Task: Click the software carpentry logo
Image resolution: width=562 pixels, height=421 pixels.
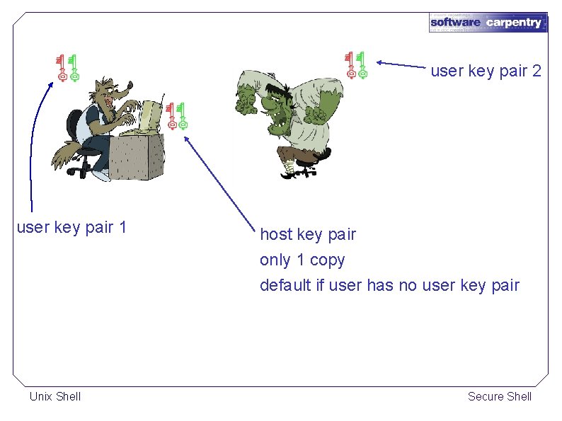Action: pyautogui.click(x=487, y=22)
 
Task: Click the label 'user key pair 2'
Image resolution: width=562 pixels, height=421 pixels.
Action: pyautogui.click(x=486, y=71)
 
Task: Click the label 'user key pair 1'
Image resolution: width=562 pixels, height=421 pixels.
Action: pyautogui.click(x=71, y=227)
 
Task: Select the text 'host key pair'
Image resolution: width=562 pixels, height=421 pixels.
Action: pyautogui.click(x=308, y=234)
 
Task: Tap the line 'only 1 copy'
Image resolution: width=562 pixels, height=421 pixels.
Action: pyautogui.click(x=302, y=260)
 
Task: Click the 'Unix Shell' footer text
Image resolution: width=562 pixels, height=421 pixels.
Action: pyautogui.click(x=55, y=396)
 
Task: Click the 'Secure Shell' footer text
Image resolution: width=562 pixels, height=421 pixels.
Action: pyautogui.click(x=499, y=396)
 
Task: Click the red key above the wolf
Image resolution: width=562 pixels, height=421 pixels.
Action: pyautogui.click(x=62, y=68)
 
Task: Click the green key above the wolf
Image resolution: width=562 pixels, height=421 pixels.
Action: pyautogui.click(x=74, y=68)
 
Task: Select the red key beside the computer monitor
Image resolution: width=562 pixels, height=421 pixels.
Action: pyautogui.click(x=171, y=115)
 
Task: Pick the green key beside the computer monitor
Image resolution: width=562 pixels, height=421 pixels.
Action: pyautogui.click(x=182, y=115)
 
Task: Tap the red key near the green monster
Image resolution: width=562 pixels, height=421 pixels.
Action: pyautogui.click(x=350, y=64)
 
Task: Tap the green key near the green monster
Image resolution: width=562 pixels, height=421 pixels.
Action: pyautogui.click(x=362, y=64)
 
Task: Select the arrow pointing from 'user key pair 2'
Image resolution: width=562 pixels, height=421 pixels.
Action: pyautogui.click(x=403, y=65)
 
